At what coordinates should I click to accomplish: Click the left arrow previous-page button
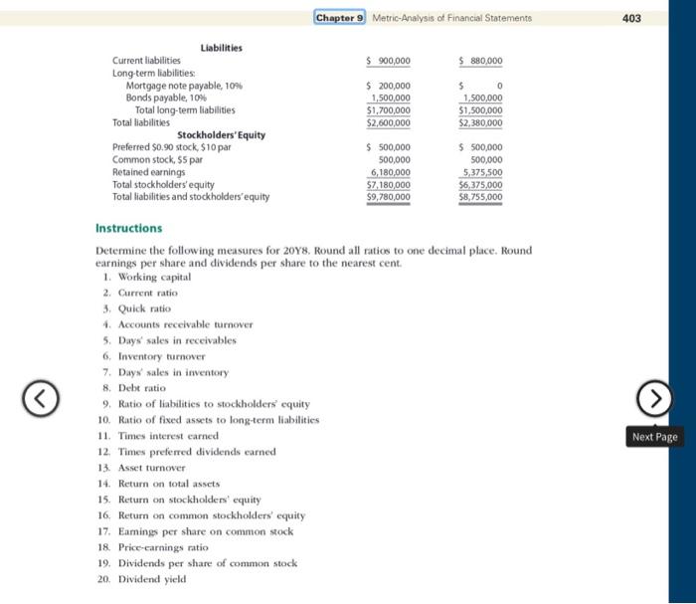41,400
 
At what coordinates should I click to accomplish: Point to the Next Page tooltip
653,437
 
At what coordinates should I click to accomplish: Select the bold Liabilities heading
221,48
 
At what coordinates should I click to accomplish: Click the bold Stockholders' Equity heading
221,134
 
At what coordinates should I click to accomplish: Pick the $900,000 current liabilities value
389,61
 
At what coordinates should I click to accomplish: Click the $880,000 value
481,61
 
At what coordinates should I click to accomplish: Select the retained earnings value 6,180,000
390,172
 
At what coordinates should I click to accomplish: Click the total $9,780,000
389,197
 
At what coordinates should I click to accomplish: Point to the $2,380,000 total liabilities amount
481,122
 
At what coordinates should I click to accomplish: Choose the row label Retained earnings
148,172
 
